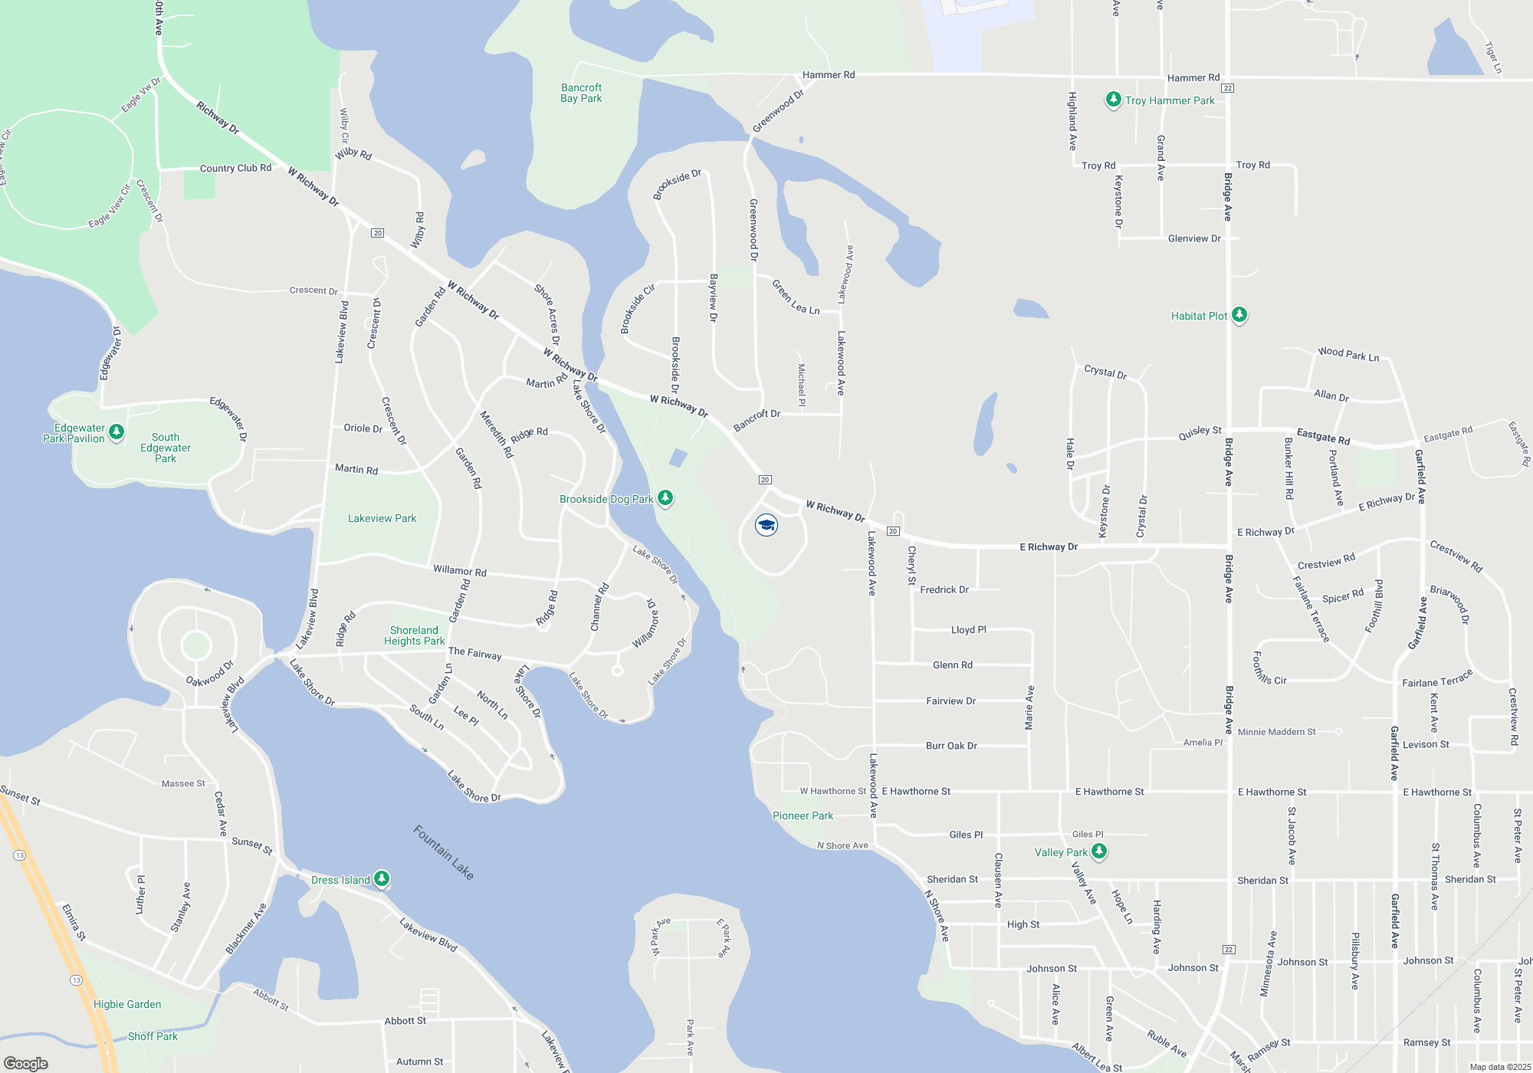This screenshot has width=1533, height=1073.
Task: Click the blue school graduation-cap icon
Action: (x=766, y=525)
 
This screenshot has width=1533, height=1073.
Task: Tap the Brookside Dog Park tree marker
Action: (x=665, y=498)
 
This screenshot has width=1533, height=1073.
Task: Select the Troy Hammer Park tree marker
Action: (x=1114, y=100)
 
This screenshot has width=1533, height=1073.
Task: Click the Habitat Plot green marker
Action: (x=1239, y=315)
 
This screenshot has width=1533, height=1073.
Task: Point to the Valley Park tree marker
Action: (x=1098, y=852)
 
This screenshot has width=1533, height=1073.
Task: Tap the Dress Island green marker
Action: (x=381, y=879)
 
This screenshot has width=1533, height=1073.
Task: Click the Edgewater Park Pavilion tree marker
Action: (x=117, y=432)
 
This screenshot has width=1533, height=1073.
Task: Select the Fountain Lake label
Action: (x=444, y=852)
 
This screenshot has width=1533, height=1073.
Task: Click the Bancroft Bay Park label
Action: (x=581, y=93)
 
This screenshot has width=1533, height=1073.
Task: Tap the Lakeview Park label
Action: (x=382, y=518)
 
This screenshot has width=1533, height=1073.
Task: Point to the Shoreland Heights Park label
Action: (x=414, y=635)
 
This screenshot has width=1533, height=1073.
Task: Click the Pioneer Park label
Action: (x=803, y=815)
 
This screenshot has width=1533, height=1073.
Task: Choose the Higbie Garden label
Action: (x=127, y=1004)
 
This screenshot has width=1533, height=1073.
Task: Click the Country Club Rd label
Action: (x=235, y=168)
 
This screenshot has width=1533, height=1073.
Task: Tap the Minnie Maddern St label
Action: (x=1276, y=732)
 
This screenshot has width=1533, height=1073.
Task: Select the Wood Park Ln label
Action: (x=1348, y=353)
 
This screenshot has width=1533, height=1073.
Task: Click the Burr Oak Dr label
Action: (x=951, y=745)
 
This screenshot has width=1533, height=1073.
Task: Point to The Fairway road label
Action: (x=474, y=653)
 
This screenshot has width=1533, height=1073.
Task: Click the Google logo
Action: (x=26, y=1064)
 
